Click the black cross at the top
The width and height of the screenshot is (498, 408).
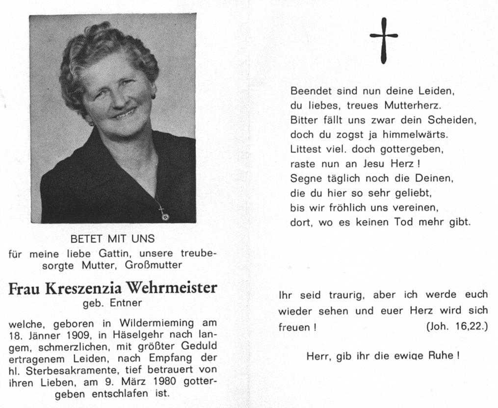click(x=384, y=40)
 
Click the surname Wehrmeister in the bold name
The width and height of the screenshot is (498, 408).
click(x=171, y=288)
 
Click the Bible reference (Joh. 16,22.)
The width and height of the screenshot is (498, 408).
click(x=457, y=327)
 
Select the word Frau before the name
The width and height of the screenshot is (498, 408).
click(x=25, y=288)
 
